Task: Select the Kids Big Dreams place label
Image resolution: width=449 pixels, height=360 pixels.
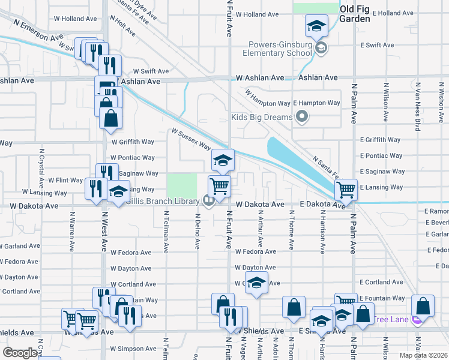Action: click(261, 116)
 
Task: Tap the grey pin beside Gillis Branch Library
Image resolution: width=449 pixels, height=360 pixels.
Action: click(208, 201)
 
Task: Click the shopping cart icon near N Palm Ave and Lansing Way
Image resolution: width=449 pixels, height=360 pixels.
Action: click(346, 190)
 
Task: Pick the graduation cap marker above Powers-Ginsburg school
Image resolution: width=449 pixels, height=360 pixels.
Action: click(316, 26)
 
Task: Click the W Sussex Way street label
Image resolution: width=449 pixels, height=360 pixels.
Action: click(191, 139)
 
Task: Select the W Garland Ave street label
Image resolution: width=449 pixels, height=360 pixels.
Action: click(20, 246)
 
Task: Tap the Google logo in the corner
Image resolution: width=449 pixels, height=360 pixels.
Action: click(20, 353)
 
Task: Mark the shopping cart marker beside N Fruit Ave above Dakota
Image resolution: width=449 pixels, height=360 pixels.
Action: click(219, 186)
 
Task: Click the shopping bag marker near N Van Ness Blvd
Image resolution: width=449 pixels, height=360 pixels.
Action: click(423, 306)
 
